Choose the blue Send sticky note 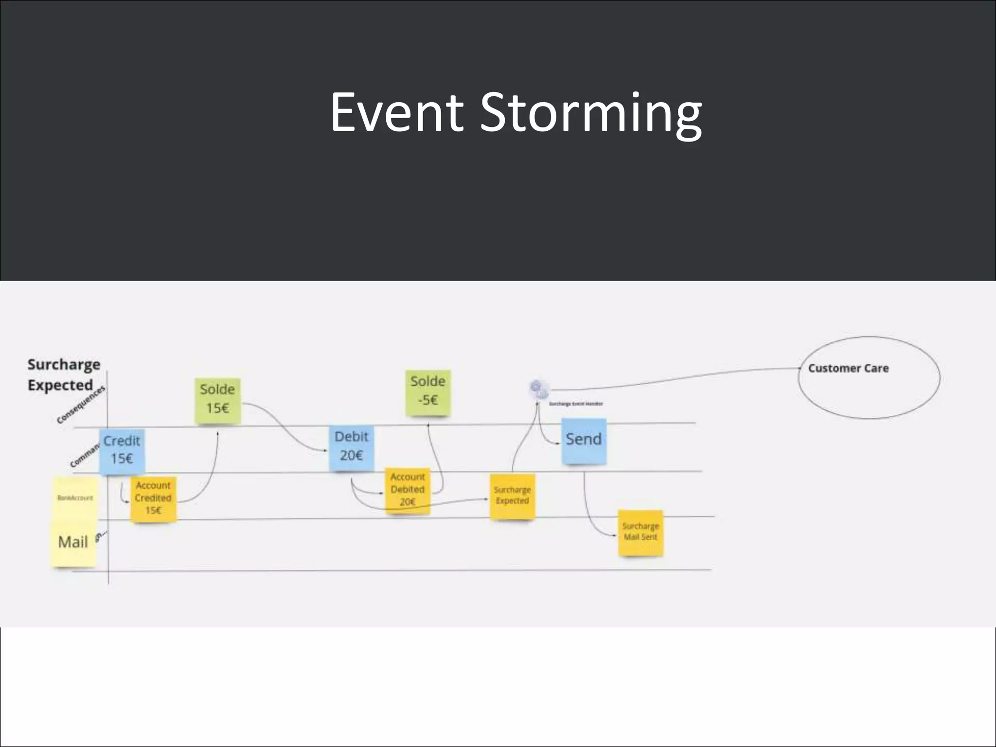point(584,440)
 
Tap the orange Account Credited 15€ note point(153,498)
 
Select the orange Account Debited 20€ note point(408,490)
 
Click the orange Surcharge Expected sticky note point(512,496)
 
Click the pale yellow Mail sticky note point(73,542)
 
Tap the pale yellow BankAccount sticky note point(75,498)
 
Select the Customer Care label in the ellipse point(848,369)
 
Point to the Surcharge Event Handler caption point(576,404)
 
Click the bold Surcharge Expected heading point(63,375)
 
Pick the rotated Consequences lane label point(81,405)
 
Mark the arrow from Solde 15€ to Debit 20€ point(287,428)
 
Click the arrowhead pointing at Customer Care point(800,369)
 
